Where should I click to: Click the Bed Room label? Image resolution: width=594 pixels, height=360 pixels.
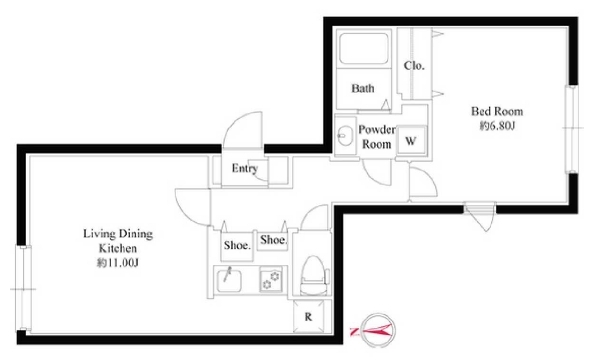[497, 111]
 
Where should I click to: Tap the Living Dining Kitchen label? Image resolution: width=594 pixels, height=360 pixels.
[118, 241]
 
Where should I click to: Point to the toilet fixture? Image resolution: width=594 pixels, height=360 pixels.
[314, 275]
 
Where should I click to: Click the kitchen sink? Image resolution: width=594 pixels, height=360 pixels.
[229, 280]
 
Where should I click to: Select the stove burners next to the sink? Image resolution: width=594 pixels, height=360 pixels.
[271, 280]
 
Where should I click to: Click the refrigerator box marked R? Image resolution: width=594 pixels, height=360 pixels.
[309, 316]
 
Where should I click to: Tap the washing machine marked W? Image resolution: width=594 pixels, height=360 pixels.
[411, 141]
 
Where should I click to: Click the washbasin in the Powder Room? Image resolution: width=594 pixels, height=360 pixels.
[345, 136]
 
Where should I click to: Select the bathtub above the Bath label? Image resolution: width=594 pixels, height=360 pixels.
[363, 49]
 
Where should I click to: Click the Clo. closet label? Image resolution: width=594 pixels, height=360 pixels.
[414, 66]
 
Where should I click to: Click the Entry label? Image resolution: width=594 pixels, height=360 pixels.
[245, 168]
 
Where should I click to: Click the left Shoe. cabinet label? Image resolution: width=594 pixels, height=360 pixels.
[237, 246]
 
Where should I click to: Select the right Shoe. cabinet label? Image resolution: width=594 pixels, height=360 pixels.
[273, 240]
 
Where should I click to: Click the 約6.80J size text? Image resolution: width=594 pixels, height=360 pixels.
[497, 126]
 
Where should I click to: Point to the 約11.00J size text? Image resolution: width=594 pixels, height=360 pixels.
[117, 263]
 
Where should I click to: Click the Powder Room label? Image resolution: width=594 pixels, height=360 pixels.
[377, 137]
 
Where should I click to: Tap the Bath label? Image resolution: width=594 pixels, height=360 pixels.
[363, 88]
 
